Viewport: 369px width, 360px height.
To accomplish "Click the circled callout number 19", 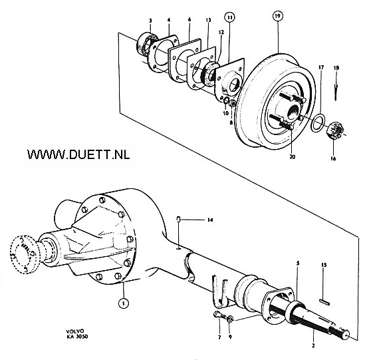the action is [x=278, y=16].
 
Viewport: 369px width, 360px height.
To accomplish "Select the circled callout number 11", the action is [x=229, y=17].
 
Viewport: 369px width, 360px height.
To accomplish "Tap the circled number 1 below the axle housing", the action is [x=124, y=303].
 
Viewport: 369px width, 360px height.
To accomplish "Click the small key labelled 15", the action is [x=324, y=302].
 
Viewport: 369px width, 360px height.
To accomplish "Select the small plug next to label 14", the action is [x=178, y=220].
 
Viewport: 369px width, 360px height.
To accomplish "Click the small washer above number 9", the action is [x=229, y=319].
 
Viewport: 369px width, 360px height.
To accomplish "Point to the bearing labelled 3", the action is [x=147, y=44].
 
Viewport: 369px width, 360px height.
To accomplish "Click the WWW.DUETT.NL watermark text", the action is [x=78, y=154].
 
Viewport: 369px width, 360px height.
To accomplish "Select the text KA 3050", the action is [x=77, y=337].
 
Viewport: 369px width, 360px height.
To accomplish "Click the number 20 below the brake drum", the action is [x=293, y=156].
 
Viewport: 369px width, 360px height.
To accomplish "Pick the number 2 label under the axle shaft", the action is [x=313, y=346].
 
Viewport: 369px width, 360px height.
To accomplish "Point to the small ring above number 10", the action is [x=225, y=100].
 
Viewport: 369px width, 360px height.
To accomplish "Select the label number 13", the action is [x=208, y=20].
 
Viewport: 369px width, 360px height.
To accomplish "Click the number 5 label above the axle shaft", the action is [x=298, y=263].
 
